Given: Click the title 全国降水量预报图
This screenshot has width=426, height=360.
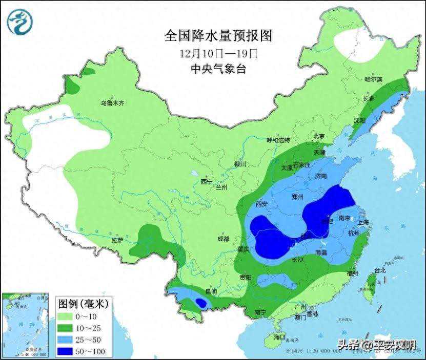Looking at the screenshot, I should pyautogui.click(x=218, y=35).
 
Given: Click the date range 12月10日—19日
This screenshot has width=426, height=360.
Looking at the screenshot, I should pyautogui.click(x=218, y=53).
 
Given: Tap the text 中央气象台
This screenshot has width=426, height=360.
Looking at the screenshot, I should pyautogui.click(x=218, y=69).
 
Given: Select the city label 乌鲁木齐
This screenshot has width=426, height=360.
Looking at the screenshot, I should pyautogui.click(x=112, y=103).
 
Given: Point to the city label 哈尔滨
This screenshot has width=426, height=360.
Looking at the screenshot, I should pyautogui.click(x=373, y=79).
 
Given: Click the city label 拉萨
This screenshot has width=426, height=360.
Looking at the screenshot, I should pyautogui.click(x=117, y=240).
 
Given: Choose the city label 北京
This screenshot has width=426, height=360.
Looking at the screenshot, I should pyautogui.click(x=319, y=136).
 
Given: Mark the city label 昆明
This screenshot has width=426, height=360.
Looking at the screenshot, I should pyautogui.click(x=211, y=291).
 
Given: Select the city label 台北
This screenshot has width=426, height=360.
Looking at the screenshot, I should pyautogui.click(x=379, y=270).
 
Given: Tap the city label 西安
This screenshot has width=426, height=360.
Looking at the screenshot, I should pyautogui.click(x=261, y=204).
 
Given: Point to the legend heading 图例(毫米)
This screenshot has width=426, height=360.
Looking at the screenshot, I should pyautogui.click(x=83, y=304).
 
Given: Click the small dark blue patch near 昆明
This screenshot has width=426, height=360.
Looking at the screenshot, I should pyautogui.click(x=201, y=303).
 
